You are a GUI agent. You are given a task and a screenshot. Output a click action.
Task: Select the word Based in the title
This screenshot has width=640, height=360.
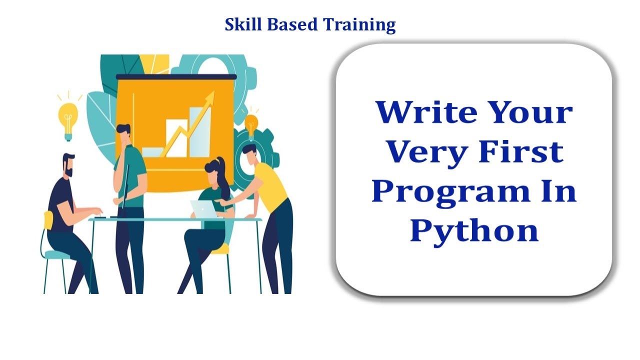(x=290, y=24)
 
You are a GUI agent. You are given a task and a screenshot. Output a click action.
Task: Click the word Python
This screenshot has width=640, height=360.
(x=474, y=230)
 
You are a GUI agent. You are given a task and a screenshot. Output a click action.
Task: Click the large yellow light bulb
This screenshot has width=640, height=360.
(x=68, y=118)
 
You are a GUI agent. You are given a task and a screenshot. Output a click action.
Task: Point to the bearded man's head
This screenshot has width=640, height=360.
(x=68, y=164)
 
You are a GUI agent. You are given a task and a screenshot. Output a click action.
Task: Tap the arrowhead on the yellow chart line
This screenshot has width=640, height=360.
(x=210, y=97)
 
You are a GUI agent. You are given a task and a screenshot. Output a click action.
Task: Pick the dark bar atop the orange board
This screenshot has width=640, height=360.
(x=176, y=76)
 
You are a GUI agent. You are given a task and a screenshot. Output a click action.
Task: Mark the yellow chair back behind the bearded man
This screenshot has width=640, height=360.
(x=48, y=220)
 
